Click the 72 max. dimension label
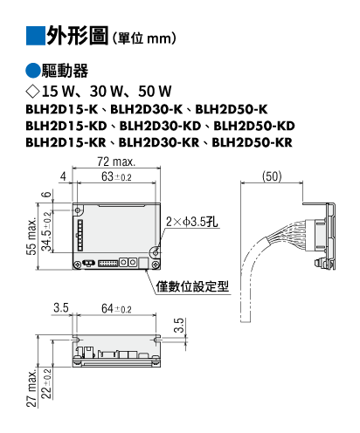(x=116, y=162)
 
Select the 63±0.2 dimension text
(x=116, y=176)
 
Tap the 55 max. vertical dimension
(x=31, y=237)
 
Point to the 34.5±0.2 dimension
(x=46, y=231)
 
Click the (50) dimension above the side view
(x=272, y=176)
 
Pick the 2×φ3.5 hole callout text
(x=191, y=222)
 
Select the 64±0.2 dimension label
(x=116, y=308)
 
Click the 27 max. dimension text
(x=31, y=388)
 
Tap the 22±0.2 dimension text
(x=46, y=384)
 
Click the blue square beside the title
(x=36, y=36)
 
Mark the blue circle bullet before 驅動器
(x=33, y=71)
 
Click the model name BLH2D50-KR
(x=252, y=142)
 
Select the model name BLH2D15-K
(x=62, y=109)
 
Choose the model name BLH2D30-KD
(x=160, y=126)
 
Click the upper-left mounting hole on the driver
(x=78, y=210)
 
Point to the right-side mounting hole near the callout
(x=156, y=252)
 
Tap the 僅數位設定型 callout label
(x=192, y=286)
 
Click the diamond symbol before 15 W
(x=32, y=92)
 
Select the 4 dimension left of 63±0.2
(x=63, y=176)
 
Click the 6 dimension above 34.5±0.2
(x=47, y=195)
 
